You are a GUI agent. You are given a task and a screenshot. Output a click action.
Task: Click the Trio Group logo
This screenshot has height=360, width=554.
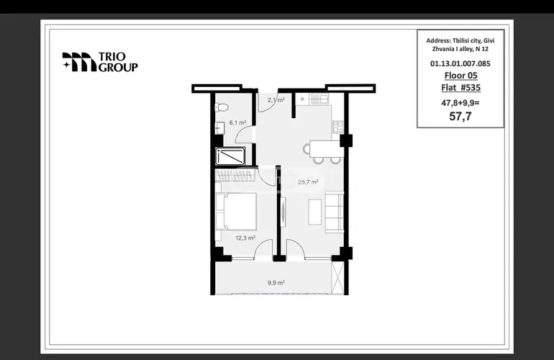(x=100, y=62)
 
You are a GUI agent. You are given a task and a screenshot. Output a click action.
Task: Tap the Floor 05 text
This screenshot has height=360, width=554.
(x=460, y=76)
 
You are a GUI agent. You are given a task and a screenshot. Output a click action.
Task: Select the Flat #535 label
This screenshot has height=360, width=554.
(x=460, y=87)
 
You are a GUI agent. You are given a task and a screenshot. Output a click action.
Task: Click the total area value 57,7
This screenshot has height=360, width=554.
(x=460, y=116)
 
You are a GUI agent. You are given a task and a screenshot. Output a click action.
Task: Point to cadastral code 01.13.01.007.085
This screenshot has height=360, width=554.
(x=460, y=63)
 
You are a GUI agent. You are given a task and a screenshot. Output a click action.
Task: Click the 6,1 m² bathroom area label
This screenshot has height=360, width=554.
(x=237, y=122)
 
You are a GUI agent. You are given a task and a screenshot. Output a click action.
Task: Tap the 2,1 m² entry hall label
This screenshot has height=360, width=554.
(x=276, y=100)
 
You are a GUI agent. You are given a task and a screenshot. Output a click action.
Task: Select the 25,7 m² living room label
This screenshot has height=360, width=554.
(x=308, y=182)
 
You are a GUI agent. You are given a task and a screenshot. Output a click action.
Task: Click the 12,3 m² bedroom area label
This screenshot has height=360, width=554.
(x=245, y=238)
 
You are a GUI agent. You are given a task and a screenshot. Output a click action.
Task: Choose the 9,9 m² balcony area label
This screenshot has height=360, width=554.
(x=276, y=282)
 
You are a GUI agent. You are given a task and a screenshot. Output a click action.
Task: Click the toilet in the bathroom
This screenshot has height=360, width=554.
(x=222, y=107)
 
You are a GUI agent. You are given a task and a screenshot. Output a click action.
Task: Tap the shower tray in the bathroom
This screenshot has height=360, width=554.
(x=230, y=156)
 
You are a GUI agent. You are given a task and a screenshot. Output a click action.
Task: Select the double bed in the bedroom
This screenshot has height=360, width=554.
(x=236, y=211)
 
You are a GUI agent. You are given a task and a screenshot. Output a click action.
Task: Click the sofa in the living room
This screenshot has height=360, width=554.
(x=335, y=212)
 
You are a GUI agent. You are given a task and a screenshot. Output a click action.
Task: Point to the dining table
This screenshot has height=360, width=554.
(x=327, y=148)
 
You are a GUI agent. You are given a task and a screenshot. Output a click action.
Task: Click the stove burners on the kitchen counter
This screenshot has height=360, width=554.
(x=337, y=127)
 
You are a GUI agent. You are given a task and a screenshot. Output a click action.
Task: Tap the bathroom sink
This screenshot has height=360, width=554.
(x=219, y=127)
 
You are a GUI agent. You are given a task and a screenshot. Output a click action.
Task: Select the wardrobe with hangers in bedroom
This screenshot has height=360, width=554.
(x=235, y=176)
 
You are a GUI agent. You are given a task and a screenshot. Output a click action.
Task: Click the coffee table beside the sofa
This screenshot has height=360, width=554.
(x=315, y=212)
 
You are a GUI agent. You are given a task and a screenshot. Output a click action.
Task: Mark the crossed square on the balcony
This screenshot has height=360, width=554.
(x=337, y=278)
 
